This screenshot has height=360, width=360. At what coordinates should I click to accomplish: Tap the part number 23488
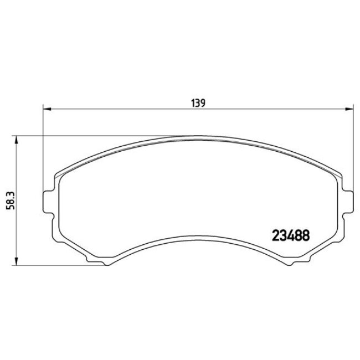(x=290, y=235)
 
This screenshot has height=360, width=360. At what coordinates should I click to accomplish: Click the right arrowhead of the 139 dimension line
(x=349, y=108)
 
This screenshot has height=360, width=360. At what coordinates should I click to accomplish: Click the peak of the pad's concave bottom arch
(x=198, y=228)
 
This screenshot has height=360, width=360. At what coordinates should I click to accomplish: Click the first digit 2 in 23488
(x=275, y=235)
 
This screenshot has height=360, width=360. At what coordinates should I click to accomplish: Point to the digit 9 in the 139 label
(x=204, y=102)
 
